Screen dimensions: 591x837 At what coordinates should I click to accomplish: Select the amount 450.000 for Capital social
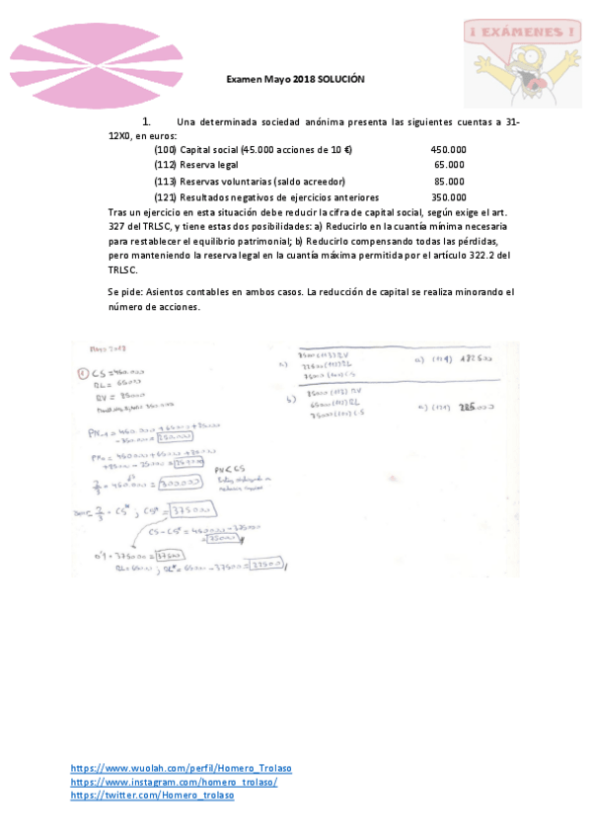click(x=448, y=149)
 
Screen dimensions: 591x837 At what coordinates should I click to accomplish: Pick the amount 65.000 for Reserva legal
click(x=450, y=165)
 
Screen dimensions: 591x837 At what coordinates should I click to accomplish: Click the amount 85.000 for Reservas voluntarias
click(x=450, y=181)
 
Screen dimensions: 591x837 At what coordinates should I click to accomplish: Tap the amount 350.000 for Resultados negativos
click(x=448, y=196)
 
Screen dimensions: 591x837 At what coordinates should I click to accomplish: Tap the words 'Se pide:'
click(x=126, y=292)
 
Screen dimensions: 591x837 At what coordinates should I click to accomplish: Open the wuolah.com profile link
click(x=181, y=768)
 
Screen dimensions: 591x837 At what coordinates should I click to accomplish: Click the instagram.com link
click(x=174, y=782)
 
